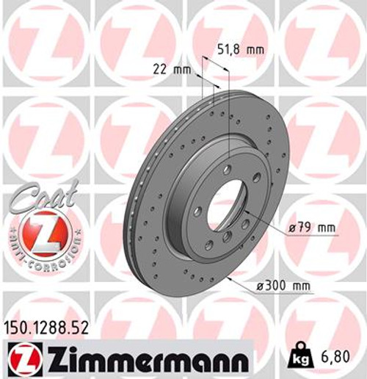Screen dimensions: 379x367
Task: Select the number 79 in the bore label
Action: tap(305, 228)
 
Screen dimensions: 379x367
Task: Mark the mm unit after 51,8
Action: tap(255, 51)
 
